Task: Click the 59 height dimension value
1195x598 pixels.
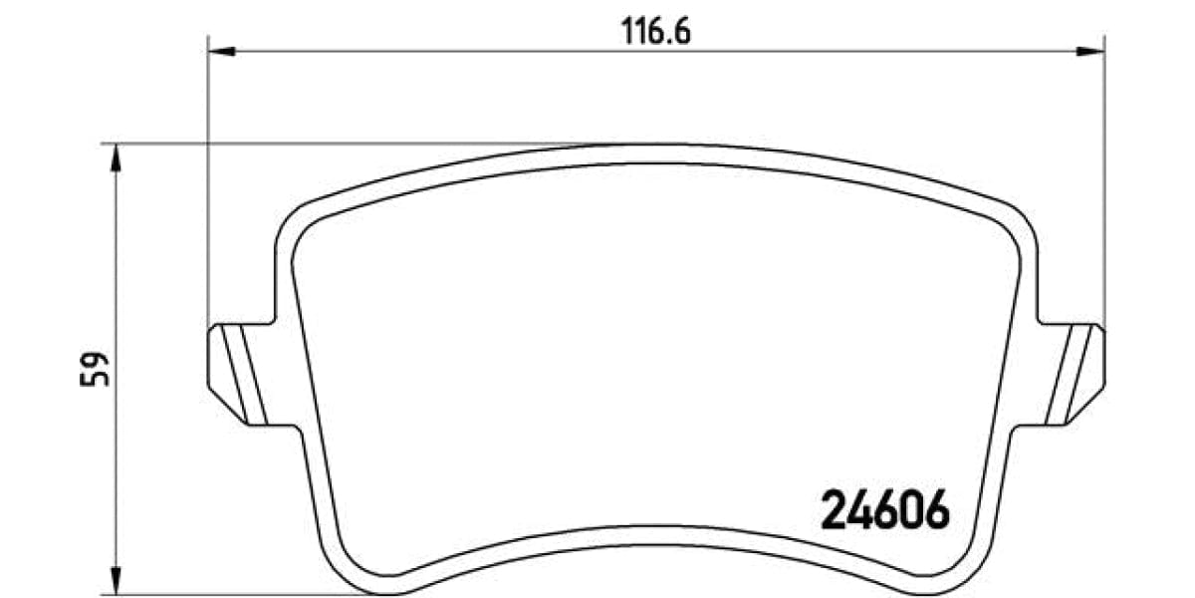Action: pos(95,369)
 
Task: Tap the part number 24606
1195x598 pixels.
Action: pos(882,512)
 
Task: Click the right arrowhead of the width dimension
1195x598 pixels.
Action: pos(1092,48)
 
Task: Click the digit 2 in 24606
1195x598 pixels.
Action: pos(832,512)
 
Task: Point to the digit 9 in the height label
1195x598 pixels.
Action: pos(95,360)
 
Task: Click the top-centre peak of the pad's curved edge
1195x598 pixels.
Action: pos(656,146)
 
